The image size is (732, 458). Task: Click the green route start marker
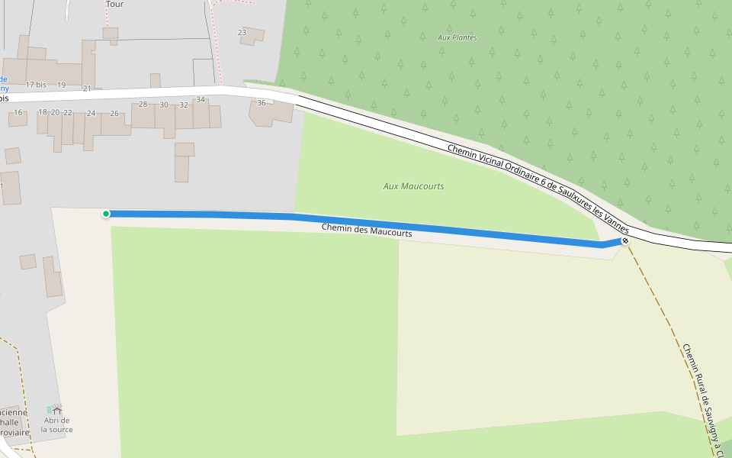[x=106, y=214]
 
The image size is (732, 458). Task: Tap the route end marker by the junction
[x=625, y=241]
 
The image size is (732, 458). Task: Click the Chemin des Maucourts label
[x=367, y=230]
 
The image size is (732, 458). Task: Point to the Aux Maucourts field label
[x=413, y=186]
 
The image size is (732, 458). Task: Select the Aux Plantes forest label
[x=457, y=37]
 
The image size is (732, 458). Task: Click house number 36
[x=262, y=103]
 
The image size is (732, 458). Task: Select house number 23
[x=242, y=33]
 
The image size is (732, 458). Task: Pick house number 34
[x=201, y=99]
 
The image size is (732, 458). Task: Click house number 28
[x=143, y=104]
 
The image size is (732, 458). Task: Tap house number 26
[x=114, y=113]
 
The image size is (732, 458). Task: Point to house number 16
[x=18, y=112]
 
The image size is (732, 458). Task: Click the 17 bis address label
[x=35, y=84]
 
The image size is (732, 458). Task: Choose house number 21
[x=87, y=89]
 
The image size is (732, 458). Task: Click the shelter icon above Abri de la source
[x=56, y=411]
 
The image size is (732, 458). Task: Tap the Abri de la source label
[x=56, y=424]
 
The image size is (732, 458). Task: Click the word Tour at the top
[x=114, y=4]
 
